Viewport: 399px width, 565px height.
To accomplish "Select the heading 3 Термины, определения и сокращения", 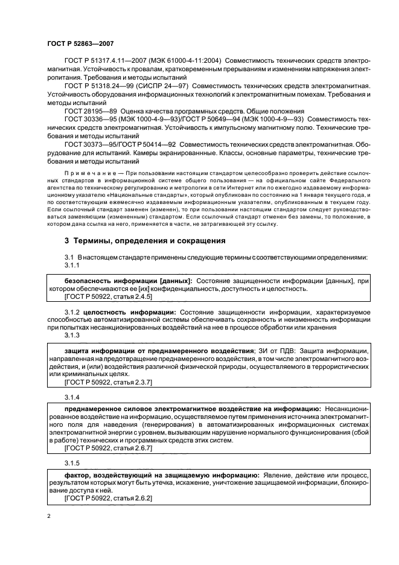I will pyautogui.click(x=145, y=240).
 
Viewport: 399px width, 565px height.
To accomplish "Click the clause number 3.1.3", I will pyautogui.click(x=72, y=335).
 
